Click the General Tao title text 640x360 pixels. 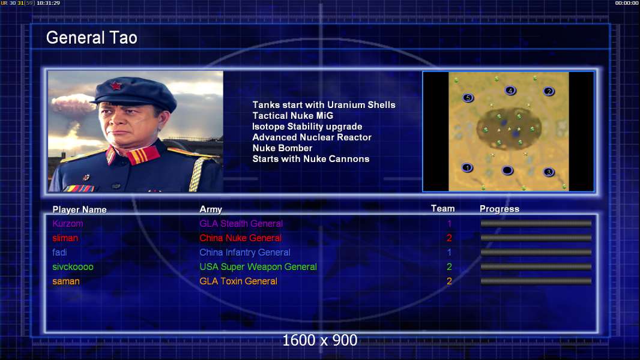click(x=91, y=38)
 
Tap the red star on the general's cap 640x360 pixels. click(x=116, y=86)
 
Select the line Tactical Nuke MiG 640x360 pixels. click(x=292, y=116)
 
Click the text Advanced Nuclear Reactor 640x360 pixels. click(x=312, y=137)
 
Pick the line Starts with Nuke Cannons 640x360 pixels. click(x=311, y=159)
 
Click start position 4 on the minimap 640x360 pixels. click(x=510, y=91)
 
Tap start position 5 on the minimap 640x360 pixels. click(x=468, y=98)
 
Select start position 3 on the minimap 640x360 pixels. click(x=549, y=172)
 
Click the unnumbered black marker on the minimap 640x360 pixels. click(x=507, y=170)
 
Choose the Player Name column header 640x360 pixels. click(x=80, y=209)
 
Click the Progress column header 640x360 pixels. click(x=500, y=209)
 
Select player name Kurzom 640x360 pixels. click(x=68, y=223)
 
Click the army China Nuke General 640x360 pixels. click(x=240, y=238)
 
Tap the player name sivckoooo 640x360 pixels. click(x=73, y=266)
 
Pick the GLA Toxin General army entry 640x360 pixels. click(x=238, y=281)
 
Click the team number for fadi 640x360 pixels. click(x=449, y=253)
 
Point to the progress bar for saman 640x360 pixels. click(x=536, y=281)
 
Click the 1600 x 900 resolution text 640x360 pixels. click(x=320, y=340)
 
